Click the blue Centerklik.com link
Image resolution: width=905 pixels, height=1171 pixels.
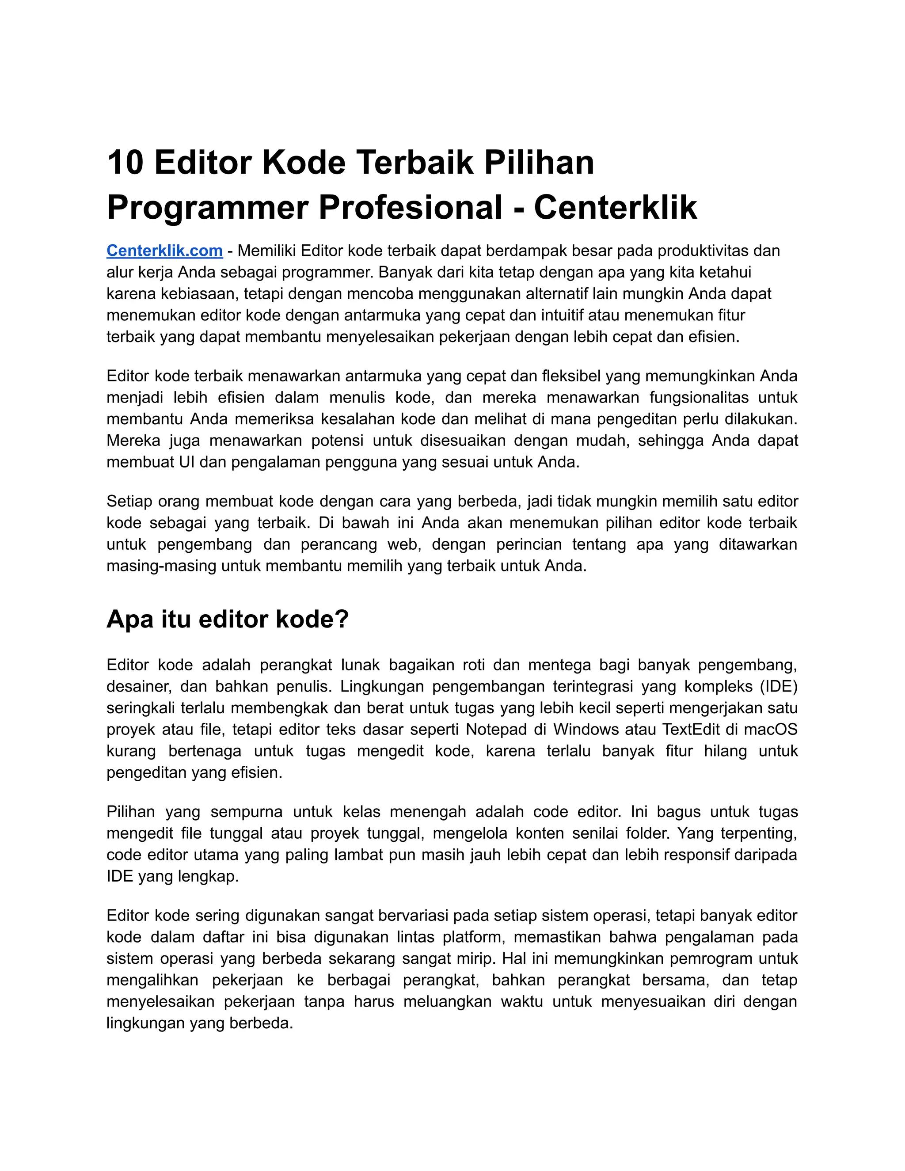(164, 251)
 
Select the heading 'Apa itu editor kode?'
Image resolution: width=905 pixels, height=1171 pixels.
(227, 619)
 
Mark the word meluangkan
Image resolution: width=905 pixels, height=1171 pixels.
(447, 1002)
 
